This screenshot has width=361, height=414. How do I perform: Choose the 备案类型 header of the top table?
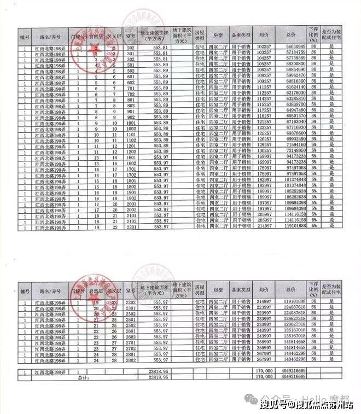click(241, 36)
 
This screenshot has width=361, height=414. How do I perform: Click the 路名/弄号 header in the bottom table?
click(49, 288)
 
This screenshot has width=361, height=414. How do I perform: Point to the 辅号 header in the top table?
click(25, 36)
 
